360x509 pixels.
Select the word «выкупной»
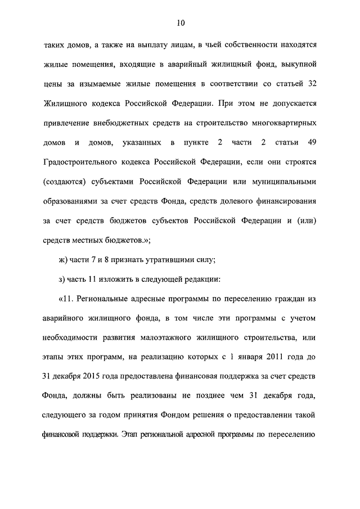(x=301, y=64)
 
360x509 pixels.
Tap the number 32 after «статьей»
(x=312, y=84)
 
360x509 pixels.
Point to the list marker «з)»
(x=61, y=279)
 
